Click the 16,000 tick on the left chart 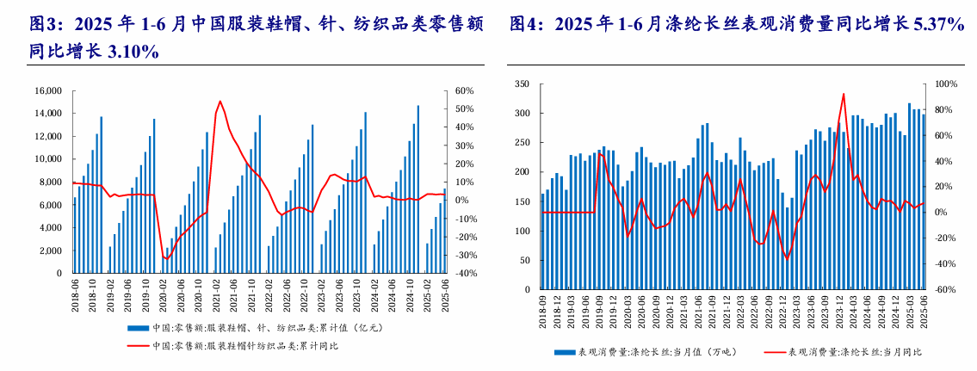(48, 90)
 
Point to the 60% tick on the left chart (465, 90)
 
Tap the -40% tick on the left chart (466, 274)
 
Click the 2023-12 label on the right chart (840, 308)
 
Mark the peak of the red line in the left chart (220, 102)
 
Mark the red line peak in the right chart (844, 94)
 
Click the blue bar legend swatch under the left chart (137, 328)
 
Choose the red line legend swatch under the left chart (137, 346)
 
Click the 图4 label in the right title (528, 25)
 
